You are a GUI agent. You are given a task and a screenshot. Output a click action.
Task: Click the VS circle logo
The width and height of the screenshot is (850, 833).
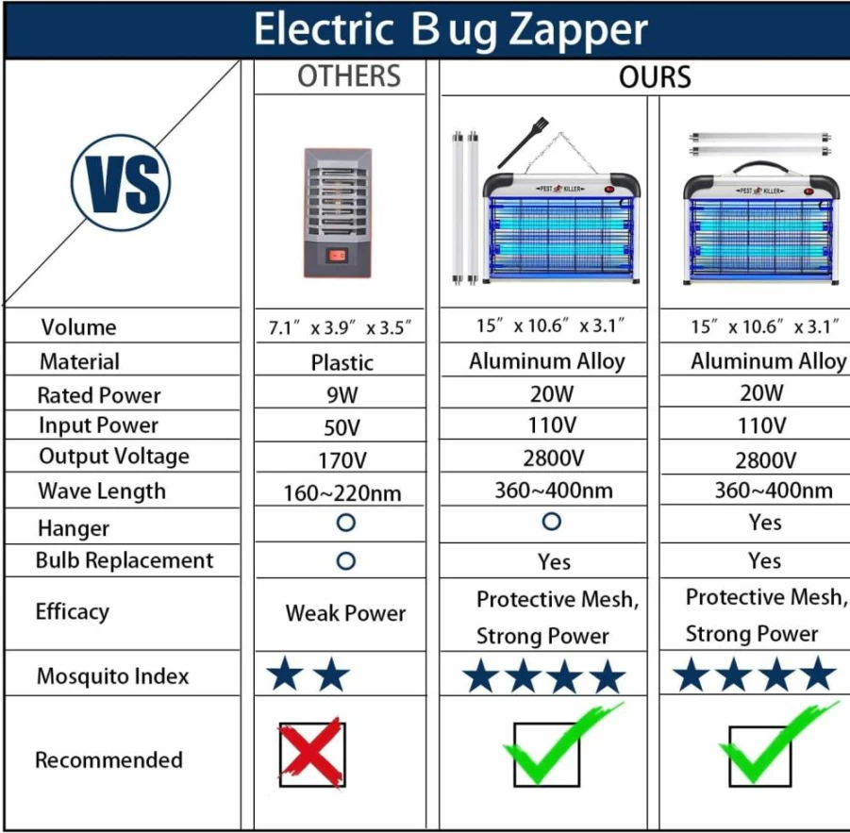coord(121,183)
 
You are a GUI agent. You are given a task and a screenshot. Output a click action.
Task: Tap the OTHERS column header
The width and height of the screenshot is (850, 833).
coord(349,75)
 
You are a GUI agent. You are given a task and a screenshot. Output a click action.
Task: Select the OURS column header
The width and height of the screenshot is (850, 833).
coord(655,76)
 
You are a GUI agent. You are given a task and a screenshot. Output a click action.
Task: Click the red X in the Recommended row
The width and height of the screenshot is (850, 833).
coord(311,754)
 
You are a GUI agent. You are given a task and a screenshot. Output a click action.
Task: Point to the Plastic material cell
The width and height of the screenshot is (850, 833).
coord(342,362)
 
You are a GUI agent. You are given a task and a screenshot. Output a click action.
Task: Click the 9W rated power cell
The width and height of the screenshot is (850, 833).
coord(342,395)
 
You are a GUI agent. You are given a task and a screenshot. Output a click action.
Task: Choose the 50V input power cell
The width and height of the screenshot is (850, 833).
coord(342,427)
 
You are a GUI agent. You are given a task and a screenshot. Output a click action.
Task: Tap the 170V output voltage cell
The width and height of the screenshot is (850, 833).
coord(342,460)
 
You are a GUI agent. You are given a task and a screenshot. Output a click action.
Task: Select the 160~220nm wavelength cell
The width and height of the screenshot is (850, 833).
coord(342,493)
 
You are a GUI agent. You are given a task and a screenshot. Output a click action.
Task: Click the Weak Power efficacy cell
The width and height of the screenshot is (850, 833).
coord(345,613)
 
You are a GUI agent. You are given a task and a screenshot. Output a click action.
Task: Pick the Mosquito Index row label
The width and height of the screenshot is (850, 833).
coord(113,675)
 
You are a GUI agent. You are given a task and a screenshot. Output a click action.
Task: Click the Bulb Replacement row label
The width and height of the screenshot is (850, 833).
coord(125,560)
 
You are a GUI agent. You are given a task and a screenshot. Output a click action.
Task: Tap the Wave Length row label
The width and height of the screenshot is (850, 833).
coord(102,491)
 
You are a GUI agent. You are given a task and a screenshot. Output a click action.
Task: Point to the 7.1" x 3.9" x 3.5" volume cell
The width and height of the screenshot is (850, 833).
coord(340,328)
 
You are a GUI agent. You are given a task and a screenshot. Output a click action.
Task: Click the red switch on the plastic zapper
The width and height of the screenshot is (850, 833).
coord(337,255)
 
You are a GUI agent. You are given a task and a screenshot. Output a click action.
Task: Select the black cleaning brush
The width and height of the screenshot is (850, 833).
coord(523,142)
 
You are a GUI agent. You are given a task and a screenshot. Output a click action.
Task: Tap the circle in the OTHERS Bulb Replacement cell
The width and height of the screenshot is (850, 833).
coord(346,561)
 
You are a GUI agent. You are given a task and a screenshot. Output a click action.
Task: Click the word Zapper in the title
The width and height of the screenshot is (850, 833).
coord(578,30)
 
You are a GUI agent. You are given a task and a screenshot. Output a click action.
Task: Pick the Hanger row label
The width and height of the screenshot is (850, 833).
coord(74,528)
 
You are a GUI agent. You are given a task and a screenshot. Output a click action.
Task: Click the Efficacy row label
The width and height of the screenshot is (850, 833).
coord(72,612)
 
